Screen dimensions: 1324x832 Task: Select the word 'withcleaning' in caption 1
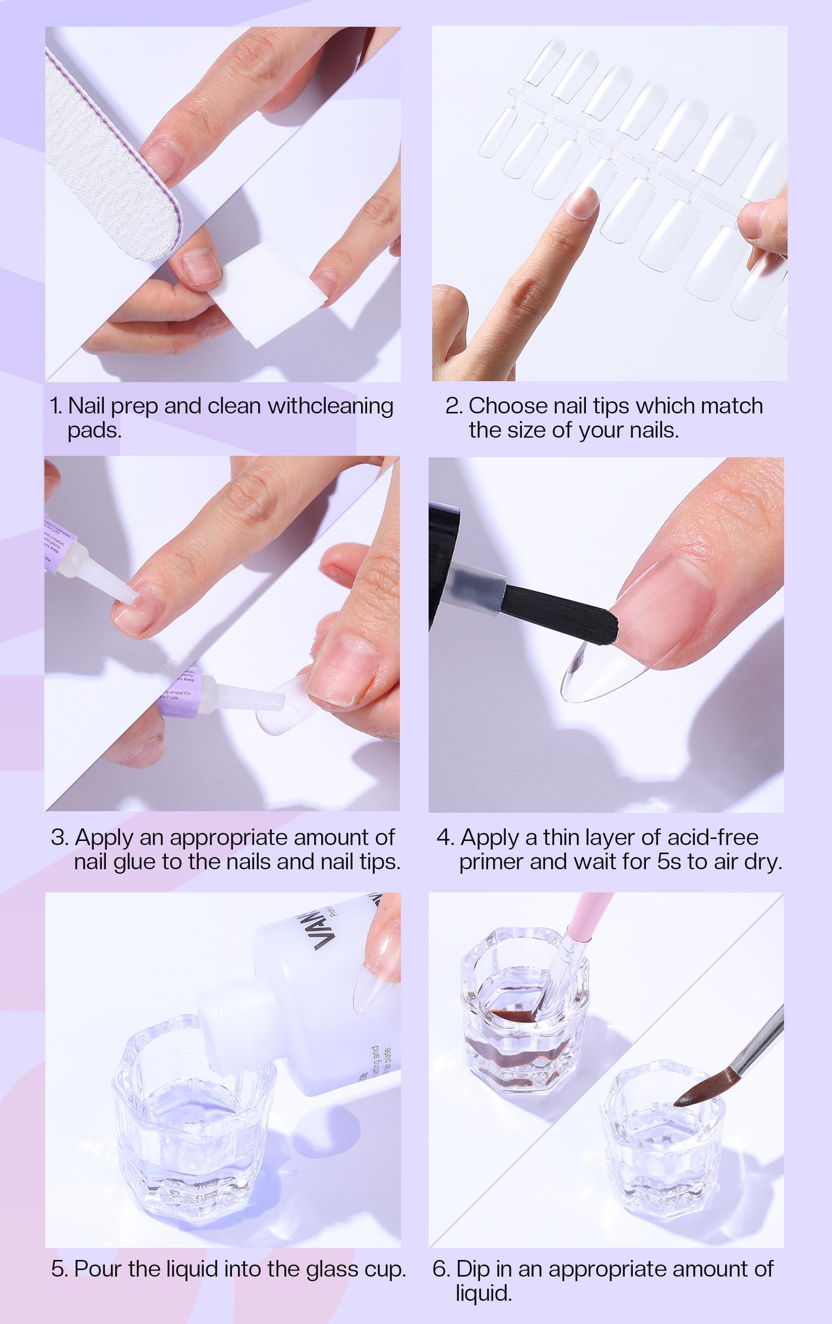pyautogui.click(x=330, y=406)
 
